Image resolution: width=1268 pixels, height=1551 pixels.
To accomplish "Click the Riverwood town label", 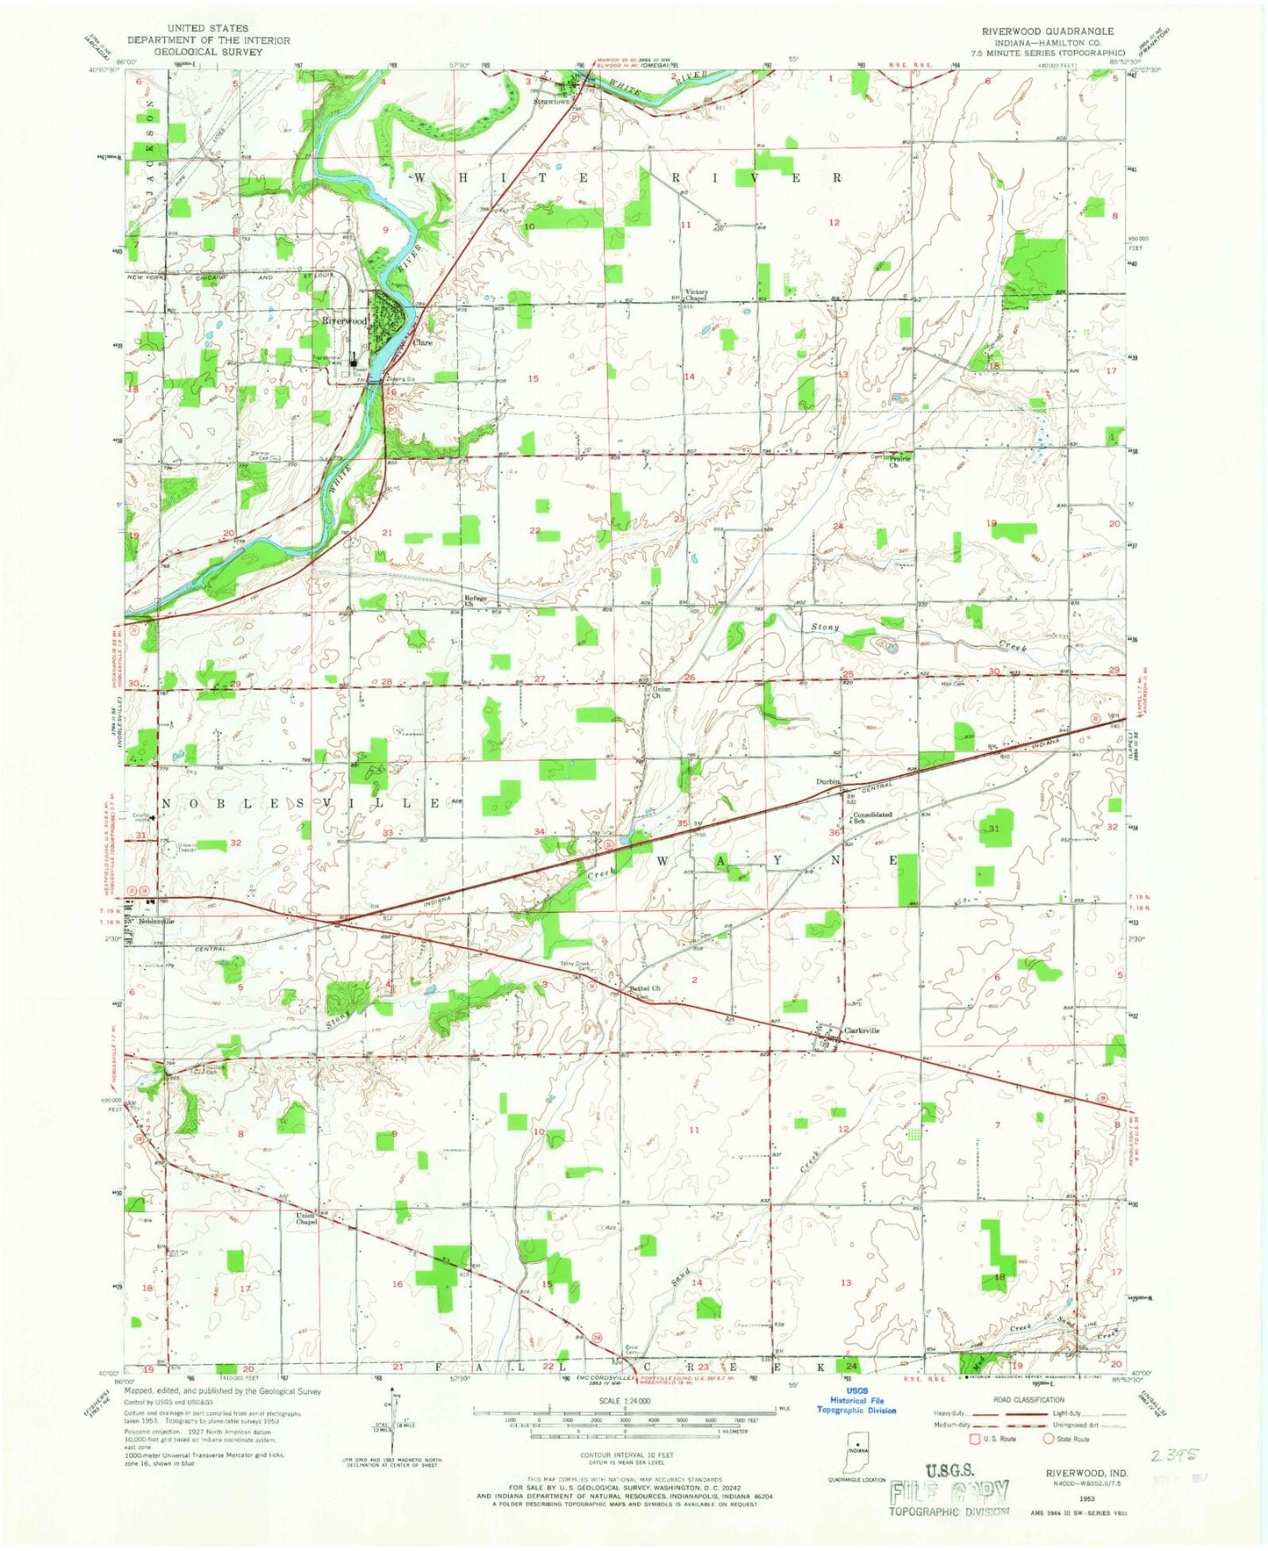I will (343, 321).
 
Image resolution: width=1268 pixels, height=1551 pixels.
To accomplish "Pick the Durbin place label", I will (827, 781).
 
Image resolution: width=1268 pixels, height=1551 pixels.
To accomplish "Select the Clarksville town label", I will (862, 1030).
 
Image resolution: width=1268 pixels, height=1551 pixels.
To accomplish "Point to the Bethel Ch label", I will (645, 989).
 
